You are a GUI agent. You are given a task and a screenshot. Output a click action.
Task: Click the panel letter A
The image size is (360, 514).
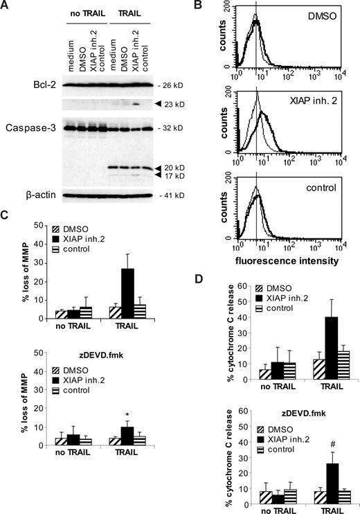point(6,6)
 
